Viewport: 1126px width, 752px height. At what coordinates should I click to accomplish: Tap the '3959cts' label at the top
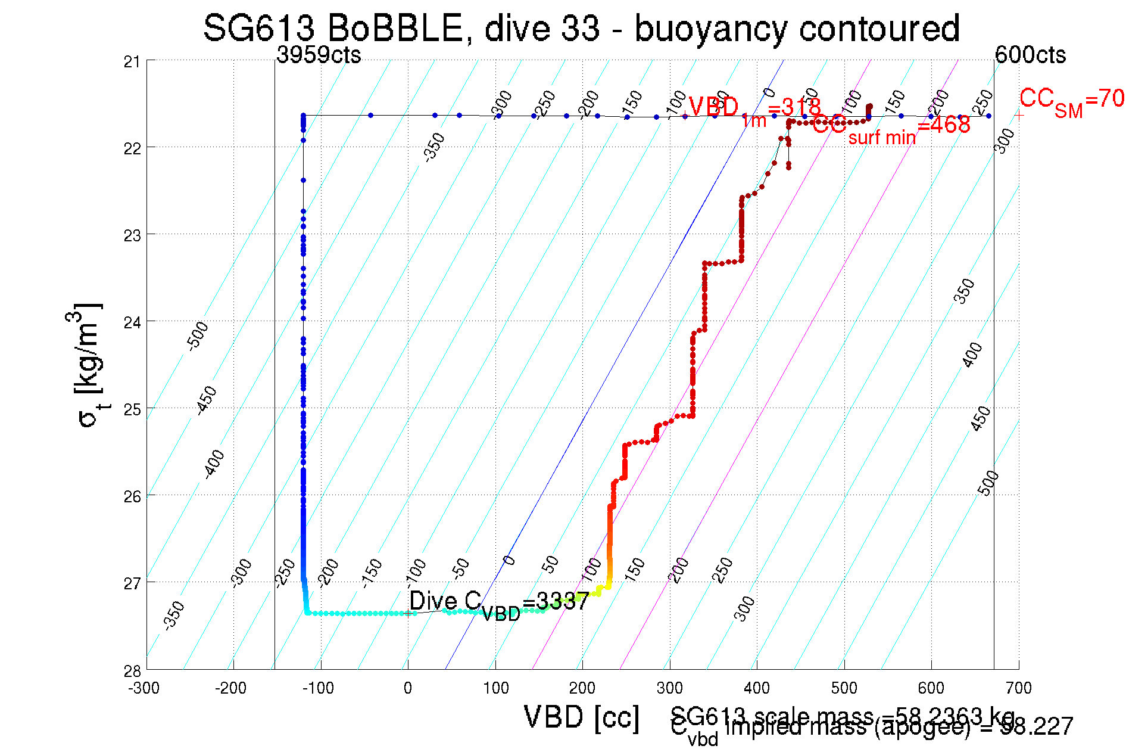click(319, 55)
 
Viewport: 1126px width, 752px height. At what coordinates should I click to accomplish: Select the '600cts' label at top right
click(1030, 55)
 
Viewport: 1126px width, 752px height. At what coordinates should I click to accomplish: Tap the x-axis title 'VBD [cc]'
click(582, 717)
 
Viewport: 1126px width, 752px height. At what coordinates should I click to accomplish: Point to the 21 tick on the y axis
click(132, 61)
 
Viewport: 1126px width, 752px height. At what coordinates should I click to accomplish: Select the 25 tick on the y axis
click(132, 409)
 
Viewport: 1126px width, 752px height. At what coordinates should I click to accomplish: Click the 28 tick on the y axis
click(132, 671)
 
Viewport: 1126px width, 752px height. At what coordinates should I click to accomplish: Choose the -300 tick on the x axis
click(144, 688)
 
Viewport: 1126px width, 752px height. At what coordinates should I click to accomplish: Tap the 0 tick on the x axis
click(408, 688)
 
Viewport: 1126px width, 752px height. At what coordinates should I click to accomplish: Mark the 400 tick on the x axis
click(757, 688)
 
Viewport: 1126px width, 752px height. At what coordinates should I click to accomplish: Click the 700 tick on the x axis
click(1018, 688)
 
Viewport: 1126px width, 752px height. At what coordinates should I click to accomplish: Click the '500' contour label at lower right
click(988, 483)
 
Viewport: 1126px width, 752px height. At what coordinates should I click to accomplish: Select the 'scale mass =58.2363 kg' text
click(843, 715)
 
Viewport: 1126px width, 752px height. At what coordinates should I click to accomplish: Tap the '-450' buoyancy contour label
click(207, 400)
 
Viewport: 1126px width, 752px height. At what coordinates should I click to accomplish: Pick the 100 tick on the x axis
click(495, 688)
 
